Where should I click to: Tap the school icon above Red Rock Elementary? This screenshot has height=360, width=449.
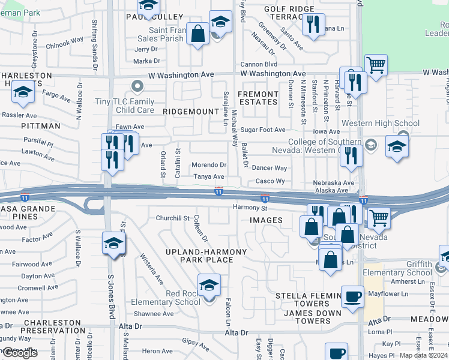pos(209,285)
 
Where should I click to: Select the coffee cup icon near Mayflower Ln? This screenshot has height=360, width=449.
pos(352,296)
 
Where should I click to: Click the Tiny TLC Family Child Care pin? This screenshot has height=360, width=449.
pos(137,86)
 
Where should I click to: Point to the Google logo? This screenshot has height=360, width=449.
pos(20,353)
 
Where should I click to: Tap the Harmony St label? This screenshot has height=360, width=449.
pos(250,208)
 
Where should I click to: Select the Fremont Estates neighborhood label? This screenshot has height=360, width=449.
pos(258,98)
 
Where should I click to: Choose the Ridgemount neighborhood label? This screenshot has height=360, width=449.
pos(190,112)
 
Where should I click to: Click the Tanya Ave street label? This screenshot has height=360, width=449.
pos(208,177)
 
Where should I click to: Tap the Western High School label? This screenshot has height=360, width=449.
pos(381,124)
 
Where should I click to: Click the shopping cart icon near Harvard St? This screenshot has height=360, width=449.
pos(376,65)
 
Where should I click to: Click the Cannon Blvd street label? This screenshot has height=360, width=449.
pos(258,64)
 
